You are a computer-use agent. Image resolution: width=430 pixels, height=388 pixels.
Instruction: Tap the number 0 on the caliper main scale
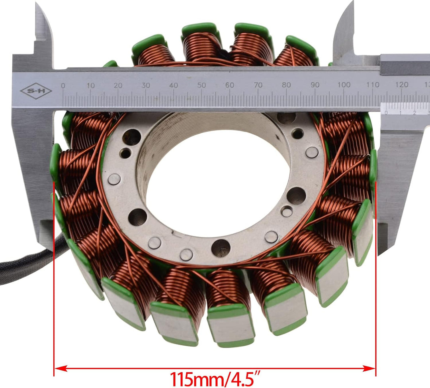tap(63, 85)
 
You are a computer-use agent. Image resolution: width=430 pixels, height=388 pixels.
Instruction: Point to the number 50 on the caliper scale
tap(202, 85)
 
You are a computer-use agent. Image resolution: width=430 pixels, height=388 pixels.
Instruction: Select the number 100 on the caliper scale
tap(344, 85)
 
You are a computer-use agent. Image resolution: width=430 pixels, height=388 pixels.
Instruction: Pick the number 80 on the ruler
tap(286, 85)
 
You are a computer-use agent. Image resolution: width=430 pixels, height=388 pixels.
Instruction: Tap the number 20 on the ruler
tap(118, 85)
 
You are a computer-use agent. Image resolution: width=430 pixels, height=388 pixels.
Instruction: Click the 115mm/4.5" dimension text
tap(215, 377)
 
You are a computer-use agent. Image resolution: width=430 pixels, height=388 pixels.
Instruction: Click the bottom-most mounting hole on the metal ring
tap(221, 248)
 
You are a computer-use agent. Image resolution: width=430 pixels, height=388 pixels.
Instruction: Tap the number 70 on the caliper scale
tap(258, 85)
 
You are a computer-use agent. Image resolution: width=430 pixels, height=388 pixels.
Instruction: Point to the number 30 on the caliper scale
tap(146, 85)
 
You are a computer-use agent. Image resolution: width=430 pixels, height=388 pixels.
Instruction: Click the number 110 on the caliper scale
tap(373, 85)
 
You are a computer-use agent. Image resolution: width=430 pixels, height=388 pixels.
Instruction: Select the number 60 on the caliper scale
tap(230, 85)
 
